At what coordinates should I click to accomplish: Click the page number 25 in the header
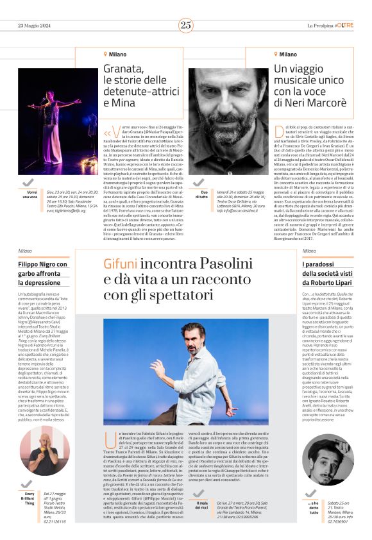pyautogui.click(x=185, y=25)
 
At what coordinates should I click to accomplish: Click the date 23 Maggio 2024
pyautogui.click(x=37, y=25)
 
